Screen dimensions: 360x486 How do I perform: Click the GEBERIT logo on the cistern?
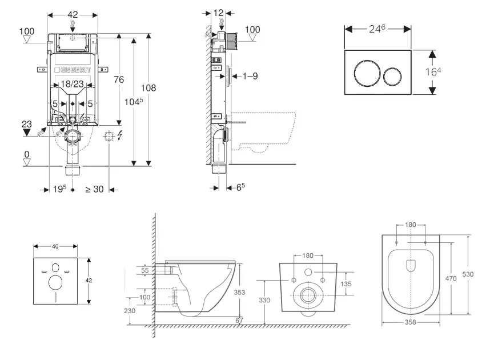point(73,70)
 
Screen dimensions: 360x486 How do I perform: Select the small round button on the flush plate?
point(393,73)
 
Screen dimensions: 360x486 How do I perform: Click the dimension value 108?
point(148,88)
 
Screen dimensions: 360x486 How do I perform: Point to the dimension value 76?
point(119,80)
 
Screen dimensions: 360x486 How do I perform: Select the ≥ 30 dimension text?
point(94,189)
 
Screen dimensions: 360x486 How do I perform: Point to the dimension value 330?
point(264,299)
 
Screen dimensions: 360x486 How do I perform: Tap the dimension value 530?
point(468,274)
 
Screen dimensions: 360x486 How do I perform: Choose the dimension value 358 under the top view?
point(410,322)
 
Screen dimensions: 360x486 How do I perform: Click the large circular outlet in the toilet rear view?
point(308,295)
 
